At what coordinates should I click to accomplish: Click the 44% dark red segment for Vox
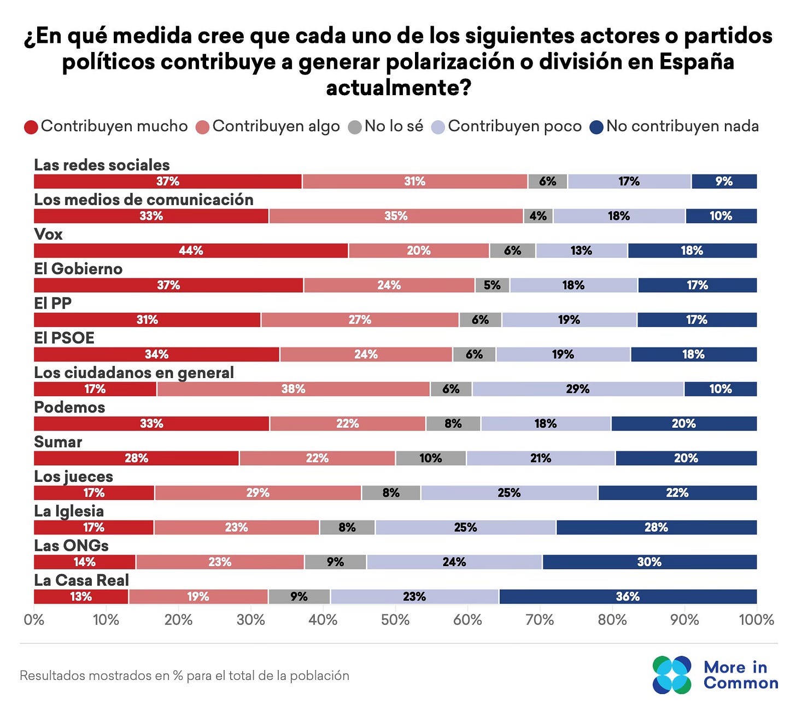[191, 251]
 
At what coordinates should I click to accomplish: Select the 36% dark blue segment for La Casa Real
[628, 596]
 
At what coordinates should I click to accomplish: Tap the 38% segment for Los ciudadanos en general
[293, 389]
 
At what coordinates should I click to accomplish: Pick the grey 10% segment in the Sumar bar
[431, 458]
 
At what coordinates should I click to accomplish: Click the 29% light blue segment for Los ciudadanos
[578, 389]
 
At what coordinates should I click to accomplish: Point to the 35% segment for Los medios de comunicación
[396, 216]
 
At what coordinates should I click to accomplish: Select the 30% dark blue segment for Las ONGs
[649, 562]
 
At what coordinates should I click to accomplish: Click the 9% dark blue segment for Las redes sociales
[724, 182]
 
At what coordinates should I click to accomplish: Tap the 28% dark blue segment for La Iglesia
[656, 527]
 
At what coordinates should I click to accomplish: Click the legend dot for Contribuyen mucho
[31, 127]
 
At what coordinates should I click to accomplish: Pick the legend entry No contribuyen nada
[675, 126]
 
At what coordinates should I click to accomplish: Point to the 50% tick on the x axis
[395, 620]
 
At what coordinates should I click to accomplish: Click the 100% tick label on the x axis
[756, 620]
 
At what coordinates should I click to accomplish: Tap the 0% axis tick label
[34, 620]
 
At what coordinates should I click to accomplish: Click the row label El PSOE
[64, 338]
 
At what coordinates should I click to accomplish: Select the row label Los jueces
[73, 476]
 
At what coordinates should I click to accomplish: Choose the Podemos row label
[69, 408]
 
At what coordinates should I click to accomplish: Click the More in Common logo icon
[671, 675]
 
